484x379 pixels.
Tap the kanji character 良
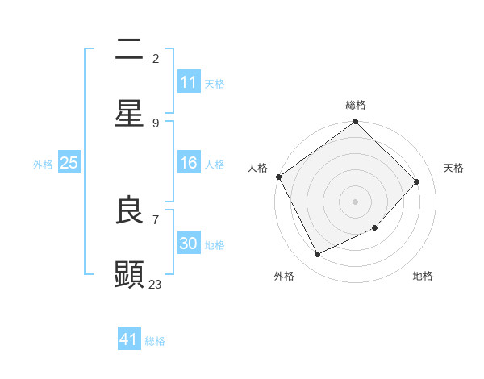[x=129, y=211]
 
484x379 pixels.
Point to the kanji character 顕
[x=129, y=274]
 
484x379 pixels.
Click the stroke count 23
[x=156, y=284]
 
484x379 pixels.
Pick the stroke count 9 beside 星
[x=156, y=123]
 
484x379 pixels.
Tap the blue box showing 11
[x=189, y=82]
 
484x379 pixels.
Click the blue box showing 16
[x=189, y=164]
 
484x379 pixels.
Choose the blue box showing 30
[x=189, y=244]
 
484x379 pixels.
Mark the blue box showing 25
[x=69, y=163]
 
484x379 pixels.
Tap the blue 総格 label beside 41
[x=155, y=341]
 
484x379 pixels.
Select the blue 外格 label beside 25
[x=43, y=165]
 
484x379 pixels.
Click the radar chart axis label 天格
[x=453, y=168]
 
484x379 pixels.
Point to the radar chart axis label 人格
[x=257, y=168]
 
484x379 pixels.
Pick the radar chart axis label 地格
[x=423, y=276]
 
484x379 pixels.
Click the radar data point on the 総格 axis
[x=355, y=123]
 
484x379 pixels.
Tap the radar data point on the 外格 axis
[x=317, y=255]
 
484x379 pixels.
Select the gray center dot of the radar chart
[x=355, y=201]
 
